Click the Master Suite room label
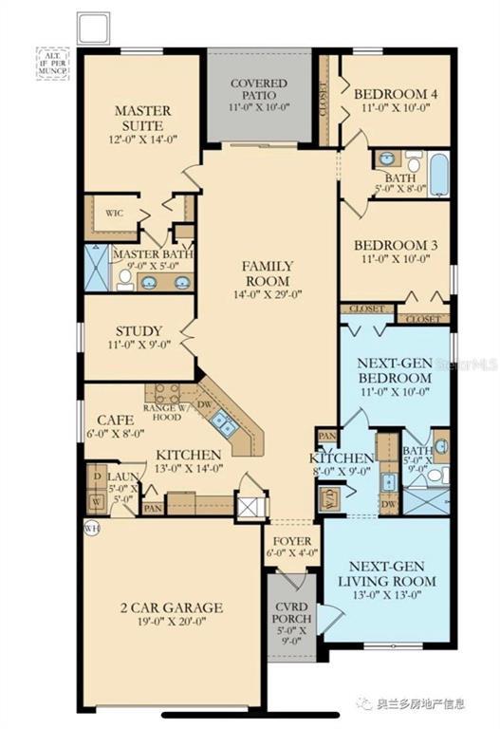pos(142,118)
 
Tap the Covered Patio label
pos(259,89)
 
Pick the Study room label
pos(139,331)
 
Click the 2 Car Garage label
pos(172,607)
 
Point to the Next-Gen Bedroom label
pos(395,369)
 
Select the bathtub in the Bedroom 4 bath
pos(439,176)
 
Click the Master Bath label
pos(152,254)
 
